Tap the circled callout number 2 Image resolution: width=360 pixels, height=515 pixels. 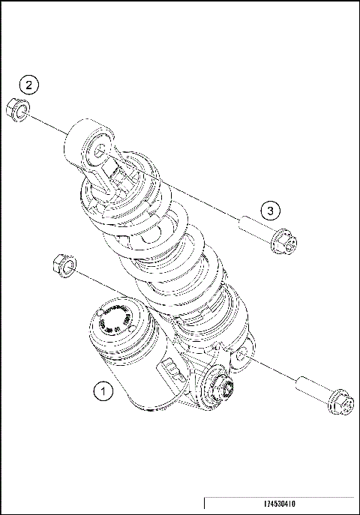click(28, 85)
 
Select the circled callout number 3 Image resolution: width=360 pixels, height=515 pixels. click(271, 209)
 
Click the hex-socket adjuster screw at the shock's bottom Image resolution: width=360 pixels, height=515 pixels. click(225, 388)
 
